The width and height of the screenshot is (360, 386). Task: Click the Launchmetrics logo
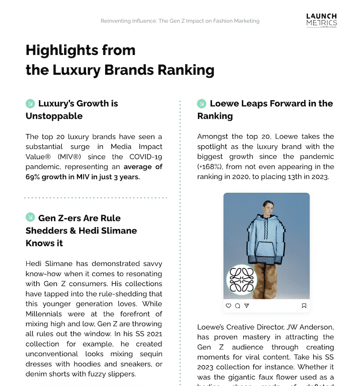[321, 20]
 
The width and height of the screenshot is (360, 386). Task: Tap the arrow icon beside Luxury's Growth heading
[30, 103]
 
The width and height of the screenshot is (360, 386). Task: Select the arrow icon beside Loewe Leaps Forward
[202, 103]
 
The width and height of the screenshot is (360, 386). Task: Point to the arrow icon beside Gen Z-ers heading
[30, 218]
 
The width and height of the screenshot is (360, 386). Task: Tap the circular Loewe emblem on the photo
[241, 279]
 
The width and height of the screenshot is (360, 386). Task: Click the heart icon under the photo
[229, 305]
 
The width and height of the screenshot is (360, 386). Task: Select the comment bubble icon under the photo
[237, 305]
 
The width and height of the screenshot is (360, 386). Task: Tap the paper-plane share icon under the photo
[247, 305]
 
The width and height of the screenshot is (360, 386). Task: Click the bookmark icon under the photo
[304, 305]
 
